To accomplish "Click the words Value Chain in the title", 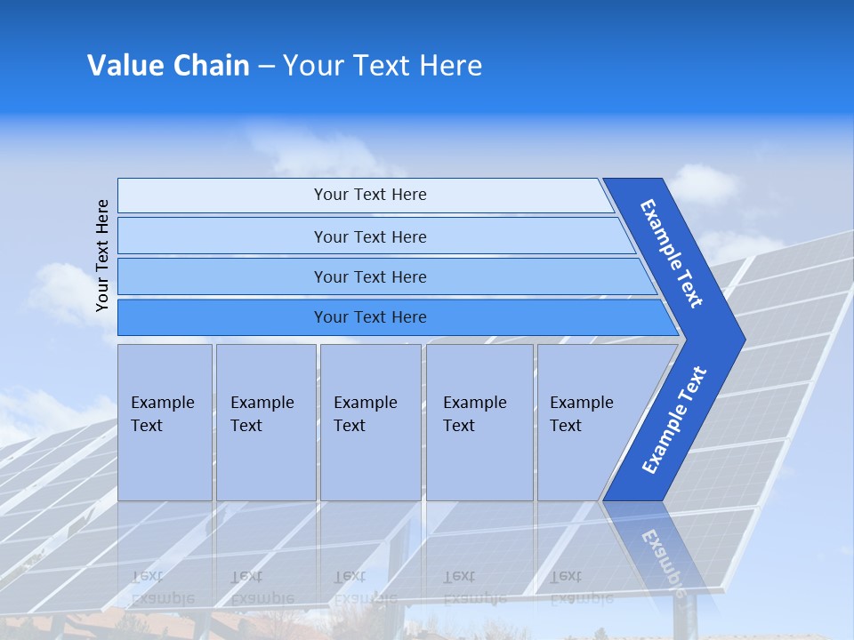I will (168, 66).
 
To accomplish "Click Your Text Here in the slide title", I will (383, 66).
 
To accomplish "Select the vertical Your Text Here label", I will (102, 255).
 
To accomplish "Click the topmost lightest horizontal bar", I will (369, 195).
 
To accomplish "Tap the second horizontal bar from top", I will (369, 236).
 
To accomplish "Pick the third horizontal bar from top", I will (369, 276).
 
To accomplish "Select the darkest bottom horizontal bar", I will (369, 317).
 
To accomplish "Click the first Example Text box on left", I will (165, 422).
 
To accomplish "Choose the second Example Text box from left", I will (265, 422).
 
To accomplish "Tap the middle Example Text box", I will (370, 422).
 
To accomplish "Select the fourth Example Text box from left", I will (479, 422).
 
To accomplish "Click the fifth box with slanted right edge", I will (587, 422).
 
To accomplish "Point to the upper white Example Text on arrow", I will (672, 253).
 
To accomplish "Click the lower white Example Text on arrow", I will (674, 420).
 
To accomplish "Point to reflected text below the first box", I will (163, 588).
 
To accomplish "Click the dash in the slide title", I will (266, 67).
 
